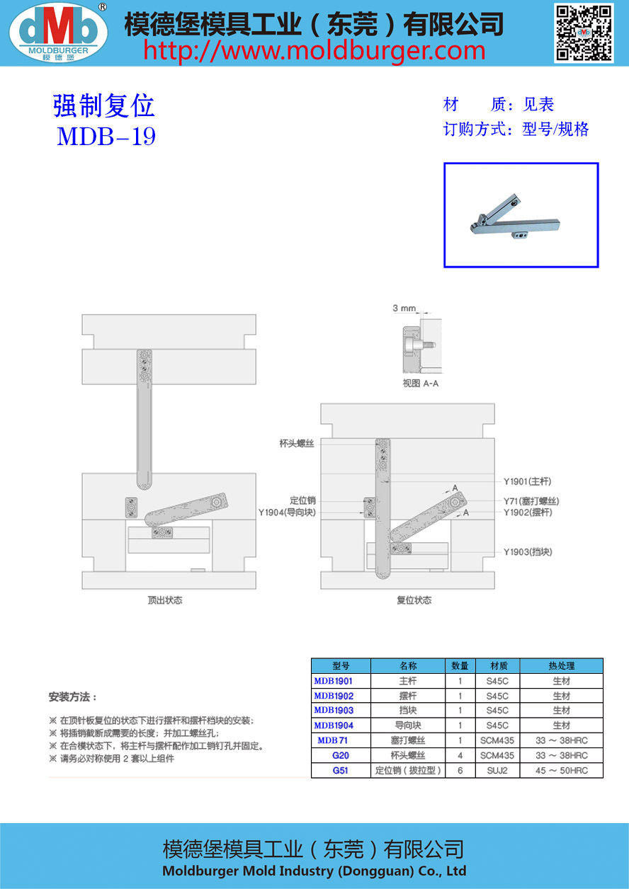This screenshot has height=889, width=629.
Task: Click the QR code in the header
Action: pyautogui.click(x=583, y=33)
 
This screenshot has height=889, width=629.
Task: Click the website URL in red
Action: pyautogui.click(x=314, y=50)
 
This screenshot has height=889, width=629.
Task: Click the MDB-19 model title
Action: pyautogui.click(x=106, y=136)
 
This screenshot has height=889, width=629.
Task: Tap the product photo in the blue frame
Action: pyautogui.click(x=521, y=215)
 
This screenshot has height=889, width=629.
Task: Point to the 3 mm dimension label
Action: pyautogui.click(x=404, y=309)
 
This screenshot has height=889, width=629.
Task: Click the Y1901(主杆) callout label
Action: pyautogui.click(x=527, y=481)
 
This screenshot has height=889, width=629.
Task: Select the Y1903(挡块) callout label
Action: pyautogui.click(x=528, y=552)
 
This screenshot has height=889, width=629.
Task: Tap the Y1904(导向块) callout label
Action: pyautogui.click(x=287, y=513)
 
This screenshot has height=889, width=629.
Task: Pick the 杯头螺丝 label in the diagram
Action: pyautogui.click(x=297, y=443)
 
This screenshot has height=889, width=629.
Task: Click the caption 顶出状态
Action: pyautogui.click(x=165, y=600)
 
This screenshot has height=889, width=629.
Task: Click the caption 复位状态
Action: pyautogui.click(x=414, y=600)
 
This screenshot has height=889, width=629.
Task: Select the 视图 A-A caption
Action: pyautogui.click(x=421, y=383)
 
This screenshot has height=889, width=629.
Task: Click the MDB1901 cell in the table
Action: pyautogui.click(x=333, y=681)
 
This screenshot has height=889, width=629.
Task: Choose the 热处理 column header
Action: pyautogui.click(x=561, y=666)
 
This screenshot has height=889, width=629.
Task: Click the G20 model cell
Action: pyautogui.click(x=341, y=755)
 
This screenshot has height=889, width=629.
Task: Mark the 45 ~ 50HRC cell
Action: pyautogui.click(x=561, y=770)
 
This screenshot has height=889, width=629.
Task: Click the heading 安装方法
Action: pyautogui.click(x=73, y=697)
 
